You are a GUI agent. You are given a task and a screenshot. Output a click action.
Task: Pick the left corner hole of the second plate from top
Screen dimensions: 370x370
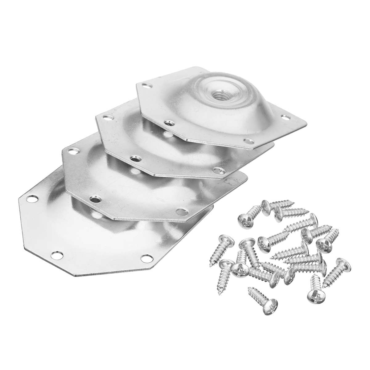pyautogui.click(x=106, y=117)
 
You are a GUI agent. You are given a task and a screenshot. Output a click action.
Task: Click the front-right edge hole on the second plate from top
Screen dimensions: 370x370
pyautogui.click(x=219, y=170)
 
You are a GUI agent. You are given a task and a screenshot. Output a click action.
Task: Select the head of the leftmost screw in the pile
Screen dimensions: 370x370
pyautogui.click(x=224, y=240)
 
